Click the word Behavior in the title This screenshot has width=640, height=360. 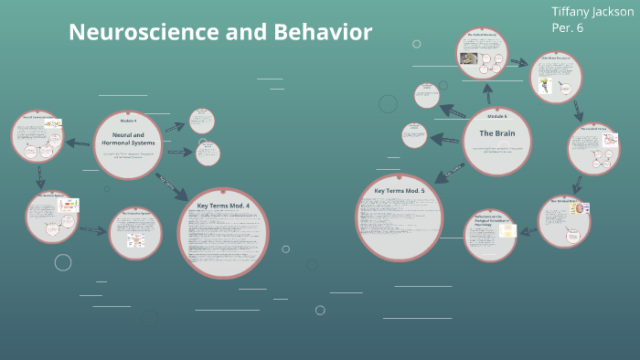(321, 32)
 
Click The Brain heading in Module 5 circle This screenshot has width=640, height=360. (496, 133)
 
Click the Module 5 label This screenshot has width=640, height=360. (496, 117)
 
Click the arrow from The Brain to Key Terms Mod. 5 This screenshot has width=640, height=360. (451, 171)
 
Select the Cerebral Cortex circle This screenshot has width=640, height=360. (592, 149)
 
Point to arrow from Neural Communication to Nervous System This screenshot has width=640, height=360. (40, 176)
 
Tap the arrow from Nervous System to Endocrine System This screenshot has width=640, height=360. (92, 229)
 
